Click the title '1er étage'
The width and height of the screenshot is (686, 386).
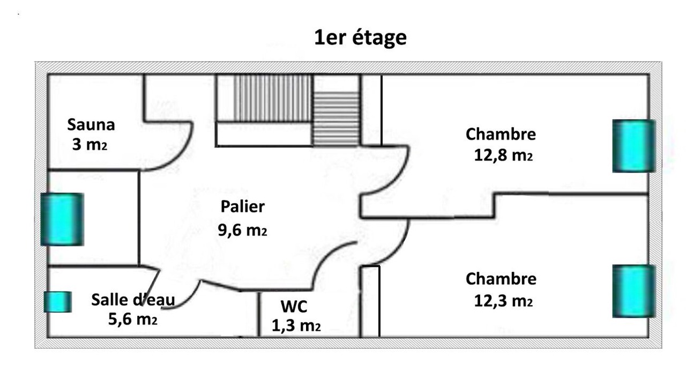tap(361, 38)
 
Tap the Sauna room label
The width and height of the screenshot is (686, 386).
tap(91, 125)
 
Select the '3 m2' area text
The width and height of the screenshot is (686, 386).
tap(90, 144)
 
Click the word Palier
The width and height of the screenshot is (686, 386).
tap(243, 206)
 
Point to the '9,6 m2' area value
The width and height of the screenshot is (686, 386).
tap(242, 230)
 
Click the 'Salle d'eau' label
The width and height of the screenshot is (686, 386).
tap(133, 299)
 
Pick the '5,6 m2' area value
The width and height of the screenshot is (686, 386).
tap(132, 319)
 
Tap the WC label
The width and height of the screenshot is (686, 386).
tap(294, 306)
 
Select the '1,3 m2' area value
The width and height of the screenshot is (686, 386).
tap(296, 325)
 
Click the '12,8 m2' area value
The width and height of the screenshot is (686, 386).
tap(503, 155)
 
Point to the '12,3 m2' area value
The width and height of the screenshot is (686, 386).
tap(503, 301)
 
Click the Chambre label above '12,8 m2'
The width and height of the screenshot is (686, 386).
tap(501, 134)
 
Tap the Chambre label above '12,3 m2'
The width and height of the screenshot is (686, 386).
tap(501, 279)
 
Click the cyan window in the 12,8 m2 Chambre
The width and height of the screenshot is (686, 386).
tap(634, 146)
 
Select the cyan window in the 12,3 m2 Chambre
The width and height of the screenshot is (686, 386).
tap(634, 291)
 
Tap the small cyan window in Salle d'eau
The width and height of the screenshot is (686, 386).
tap(58, 302)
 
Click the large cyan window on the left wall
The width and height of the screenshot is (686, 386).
tap(62, 219)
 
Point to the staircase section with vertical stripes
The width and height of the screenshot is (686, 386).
tap(273, 98)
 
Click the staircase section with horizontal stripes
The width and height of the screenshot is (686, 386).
tap(336, 118)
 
